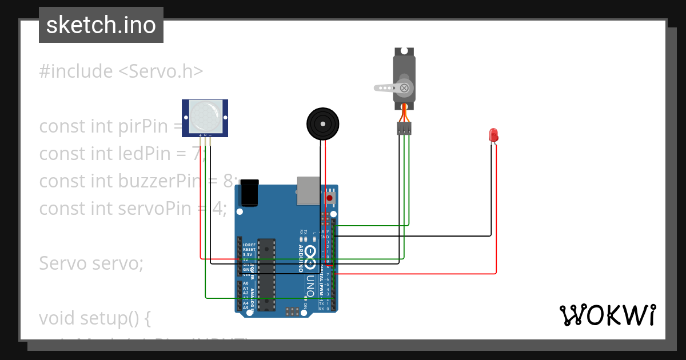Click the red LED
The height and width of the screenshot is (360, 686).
point(493,135)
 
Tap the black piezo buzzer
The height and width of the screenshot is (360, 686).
point(322,123)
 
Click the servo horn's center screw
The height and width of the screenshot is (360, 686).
point(405,88)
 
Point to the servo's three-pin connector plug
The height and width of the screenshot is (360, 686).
point(404,129)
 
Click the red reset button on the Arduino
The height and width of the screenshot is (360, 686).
point(329,198)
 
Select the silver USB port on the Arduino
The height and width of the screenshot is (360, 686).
point(309,190)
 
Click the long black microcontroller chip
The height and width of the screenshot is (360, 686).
point(266,274)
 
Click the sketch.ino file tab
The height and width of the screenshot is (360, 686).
point(101,25)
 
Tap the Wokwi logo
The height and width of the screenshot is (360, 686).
point(607,315)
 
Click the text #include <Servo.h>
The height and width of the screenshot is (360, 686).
point(121,71)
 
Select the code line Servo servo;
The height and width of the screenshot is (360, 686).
point(91,263)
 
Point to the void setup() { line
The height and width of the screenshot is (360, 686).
point(95,318)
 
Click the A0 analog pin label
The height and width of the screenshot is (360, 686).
point(246,283)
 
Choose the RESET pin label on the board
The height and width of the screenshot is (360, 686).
point(249,250)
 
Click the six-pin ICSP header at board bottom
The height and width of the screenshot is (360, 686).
point(292,311)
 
